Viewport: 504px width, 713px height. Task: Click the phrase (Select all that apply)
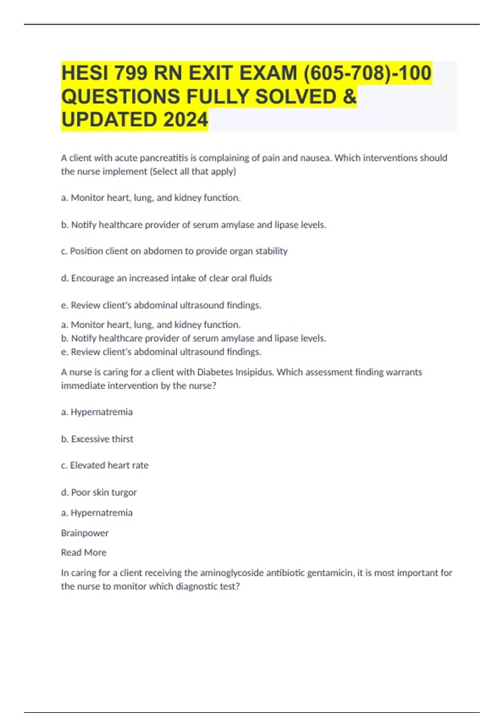(193, 172)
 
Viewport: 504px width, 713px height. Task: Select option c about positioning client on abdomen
(174, 251)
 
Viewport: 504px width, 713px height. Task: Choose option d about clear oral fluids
(166, 278)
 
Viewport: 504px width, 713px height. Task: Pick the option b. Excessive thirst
(97, 439)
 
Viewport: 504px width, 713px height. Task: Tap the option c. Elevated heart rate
(105, 466)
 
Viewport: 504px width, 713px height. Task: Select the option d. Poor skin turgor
(99, 492)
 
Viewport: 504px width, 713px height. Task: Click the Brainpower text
(85, 533)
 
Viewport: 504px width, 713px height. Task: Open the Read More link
(84, 553)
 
